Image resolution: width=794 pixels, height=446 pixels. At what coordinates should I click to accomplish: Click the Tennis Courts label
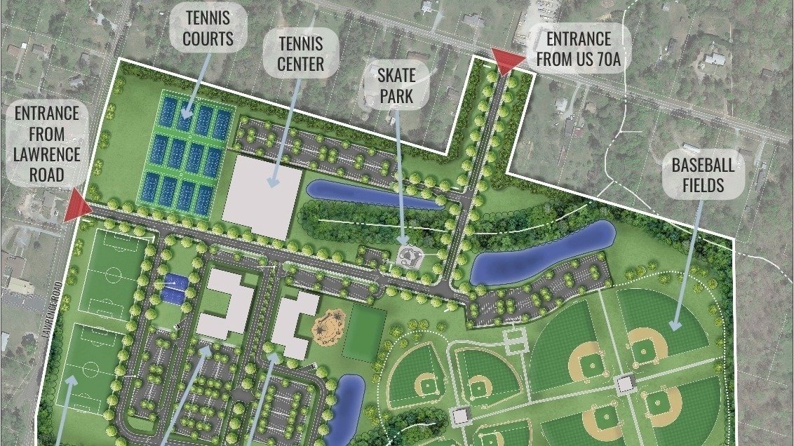click(208, 28)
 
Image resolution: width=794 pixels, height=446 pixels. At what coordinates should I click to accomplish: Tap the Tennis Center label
click(300, 54)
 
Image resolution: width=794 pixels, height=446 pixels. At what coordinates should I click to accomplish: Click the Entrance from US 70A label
click(579, 48)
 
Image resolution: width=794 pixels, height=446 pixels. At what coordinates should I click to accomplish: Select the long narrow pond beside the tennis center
click(372, 196)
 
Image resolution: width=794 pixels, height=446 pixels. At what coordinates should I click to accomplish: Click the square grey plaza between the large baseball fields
click(624, 383)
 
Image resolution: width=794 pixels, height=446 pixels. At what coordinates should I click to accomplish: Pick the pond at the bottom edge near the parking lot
click(348, 407)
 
